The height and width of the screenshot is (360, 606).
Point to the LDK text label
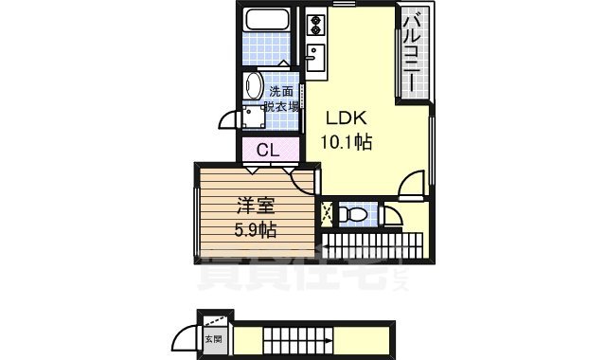coord(347,120)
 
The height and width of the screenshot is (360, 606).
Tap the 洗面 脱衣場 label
coord(281,99)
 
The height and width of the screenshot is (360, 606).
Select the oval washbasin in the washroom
coord(253,86)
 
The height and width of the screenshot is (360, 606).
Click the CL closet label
coord(267,150)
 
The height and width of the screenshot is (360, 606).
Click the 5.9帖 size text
coord(254,229)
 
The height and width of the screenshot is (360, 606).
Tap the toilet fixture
coord(353,215)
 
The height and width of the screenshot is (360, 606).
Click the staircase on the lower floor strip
coord(294,338)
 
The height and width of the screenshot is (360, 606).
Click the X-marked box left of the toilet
coord(328,214)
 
